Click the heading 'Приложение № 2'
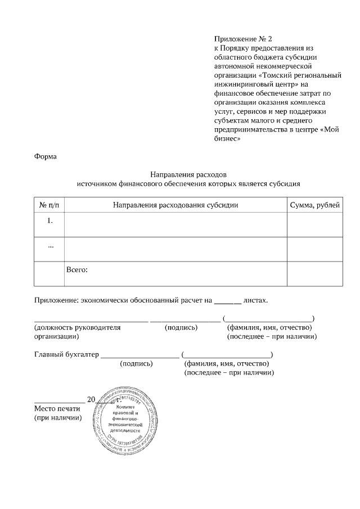pos(243,39)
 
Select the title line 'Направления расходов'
pos(188,174)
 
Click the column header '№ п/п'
pos(49,205)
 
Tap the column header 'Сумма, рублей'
pos(314,205)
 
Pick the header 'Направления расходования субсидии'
pos(175,205)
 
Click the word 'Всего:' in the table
pos(77,270)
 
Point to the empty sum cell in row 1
pos(314,224)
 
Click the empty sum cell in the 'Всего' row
pos(314,274)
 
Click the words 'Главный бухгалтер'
pos(66,355)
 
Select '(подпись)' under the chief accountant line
pos(137,364)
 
